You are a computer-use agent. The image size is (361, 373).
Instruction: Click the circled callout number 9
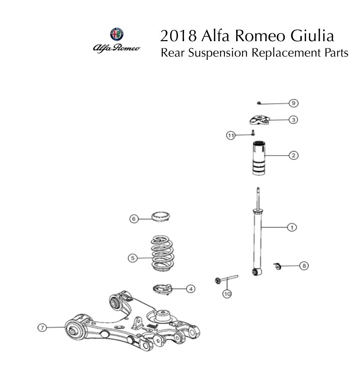[293, 103]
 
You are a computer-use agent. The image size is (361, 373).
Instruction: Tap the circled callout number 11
[231, 135]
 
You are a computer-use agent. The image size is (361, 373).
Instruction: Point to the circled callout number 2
[293, 155]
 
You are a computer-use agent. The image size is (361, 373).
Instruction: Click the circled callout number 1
[292, 227]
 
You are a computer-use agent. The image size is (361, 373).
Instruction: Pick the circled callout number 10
[227, 294]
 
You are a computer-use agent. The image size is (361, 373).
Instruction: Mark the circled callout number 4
[191, 289]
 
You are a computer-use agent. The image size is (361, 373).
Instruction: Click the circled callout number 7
[42, 328]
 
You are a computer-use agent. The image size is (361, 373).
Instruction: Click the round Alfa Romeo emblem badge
[117, 34]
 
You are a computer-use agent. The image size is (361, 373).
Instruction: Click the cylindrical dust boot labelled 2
[258, 159]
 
